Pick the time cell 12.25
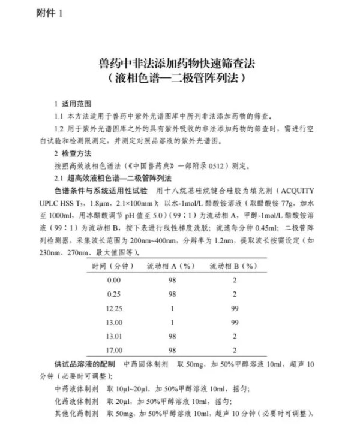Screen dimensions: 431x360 pos(113,309)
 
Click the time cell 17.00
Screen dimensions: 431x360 pos(113,350)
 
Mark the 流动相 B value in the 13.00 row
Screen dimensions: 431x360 pos(235,323)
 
